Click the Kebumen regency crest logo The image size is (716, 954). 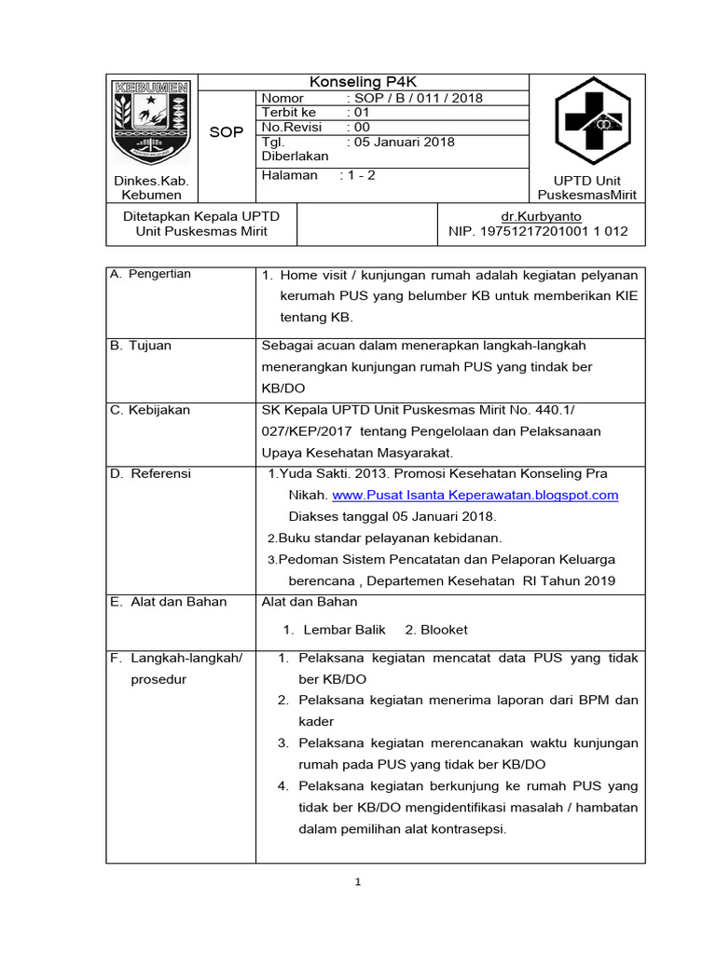(151, 123)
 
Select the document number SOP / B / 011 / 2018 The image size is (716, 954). (414, 98)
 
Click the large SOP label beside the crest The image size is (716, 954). (226, 132)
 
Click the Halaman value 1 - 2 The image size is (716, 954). (358, 174)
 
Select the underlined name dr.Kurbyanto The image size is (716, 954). (541, 215)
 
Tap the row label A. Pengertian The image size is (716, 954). (150, 273)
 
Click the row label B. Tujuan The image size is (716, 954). (141, 345)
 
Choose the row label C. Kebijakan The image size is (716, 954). (150, 410)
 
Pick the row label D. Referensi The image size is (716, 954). (150, 473)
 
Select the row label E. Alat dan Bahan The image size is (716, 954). (168, 601)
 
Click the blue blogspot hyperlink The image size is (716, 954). (475, 495)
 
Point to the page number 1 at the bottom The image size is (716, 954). (357, 883)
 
